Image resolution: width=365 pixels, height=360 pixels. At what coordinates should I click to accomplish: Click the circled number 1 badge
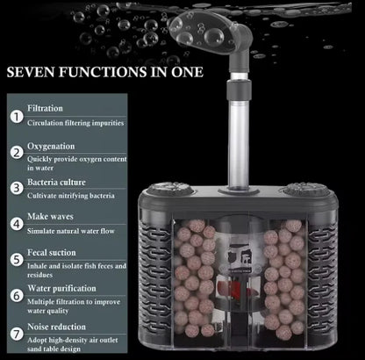(x=17, y=117)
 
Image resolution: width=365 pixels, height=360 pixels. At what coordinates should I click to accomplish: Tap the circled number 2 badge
(x=17, y=153)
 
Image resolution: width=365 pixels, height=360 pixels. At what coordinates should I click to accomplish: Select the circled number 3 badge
(x=17, y=188)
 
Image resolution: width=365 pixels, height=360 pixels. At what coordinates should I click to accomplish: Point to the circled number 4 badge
(x=17, y=224)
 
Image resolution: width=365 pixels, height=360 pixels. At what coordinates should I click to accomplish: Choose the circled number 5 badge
(x=17, y=260)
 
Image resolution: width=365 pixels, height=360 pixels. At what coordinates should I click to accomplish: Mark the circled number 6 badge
(x=17, y=296)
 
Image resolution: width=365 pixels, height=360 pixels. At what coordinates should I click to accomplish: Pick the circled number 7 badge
(x=17, y=335)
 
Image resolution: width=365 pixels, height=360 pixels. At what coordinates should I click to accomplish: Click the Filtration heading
(x=45, y=108)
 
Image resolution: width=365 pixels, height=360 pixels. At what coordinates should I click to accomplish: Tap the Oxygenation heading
(x=51, y=147)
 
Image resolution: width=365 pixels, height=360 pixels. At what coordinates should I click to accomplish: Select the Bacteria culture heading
(x=56, y=182)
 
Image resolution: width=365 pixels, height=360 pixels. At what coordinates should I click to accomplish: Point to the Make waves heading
(x=50, y=217)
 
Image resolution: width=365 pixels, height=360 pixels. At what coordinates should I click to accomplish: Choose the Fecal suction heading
(x=52, y=252)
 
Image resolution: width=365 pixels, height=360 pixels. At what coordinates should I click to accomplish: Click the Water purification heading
(x=61, y=289)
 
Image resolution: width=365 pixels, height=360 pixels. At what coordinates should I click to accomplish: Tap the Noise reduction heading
(x=56, y=327)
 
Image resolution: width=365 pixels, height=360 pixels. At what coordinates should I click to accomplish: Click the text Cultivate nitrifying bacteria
(x=71, y=196)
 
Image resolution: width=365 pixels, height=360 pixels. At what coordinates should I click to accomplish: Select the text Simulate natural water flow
(x=71, y=231)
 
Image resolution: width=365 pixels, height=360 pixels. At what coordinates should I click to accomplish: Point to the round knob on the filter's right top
(x=306, y=190)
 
